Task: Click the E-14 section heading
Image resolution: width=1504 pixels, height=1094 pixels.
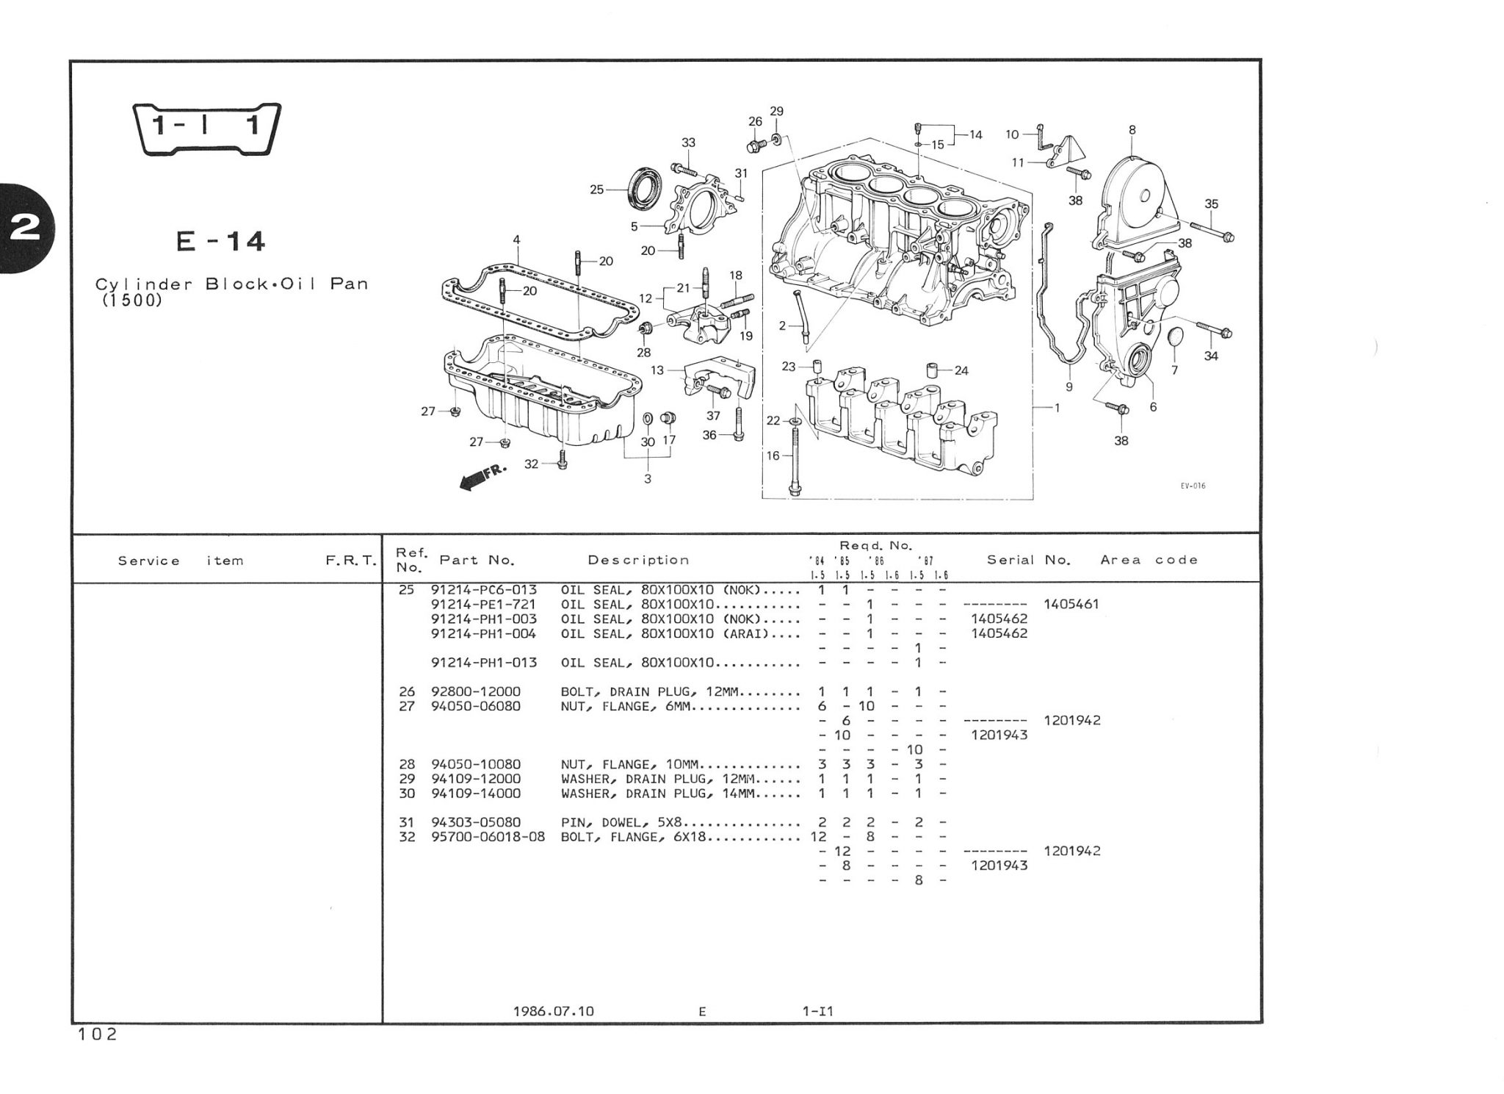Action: [220, 242]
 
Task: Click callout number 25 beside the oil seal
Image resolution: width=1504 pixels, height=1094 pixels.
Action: [596, 190]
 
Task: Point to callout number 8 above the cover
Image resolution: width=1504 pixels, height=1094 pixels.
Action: [1132, 130]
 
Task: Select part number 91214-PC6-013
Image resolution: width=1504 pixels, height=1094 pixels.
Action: [483, 590]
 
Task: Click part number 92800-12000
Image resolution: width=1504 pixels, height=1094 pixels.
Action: [475, 692]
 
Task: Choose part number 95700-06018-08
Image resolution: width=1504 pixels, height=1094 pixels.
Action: [488, 837]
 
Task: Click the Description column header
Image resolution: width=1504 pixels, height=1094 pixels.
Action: [638, 561]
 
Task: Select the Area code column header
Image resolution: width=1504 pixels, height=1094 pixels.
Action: [1149, 561]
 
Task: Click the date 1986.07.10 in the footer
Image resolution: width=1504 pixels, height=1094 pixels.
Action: [553, 1012]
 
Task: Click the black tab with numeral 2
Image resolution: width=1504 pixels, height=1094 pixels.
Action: [26, 228]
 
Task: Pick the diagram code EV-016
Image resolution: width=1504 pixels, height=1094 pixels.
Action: [1193, 486]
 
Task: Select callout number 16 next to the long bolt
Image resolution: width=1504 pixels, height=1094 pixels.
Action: [773, 456]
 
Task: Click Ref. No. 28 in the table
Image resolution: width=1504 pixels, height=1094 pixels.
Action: [406, 765]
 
